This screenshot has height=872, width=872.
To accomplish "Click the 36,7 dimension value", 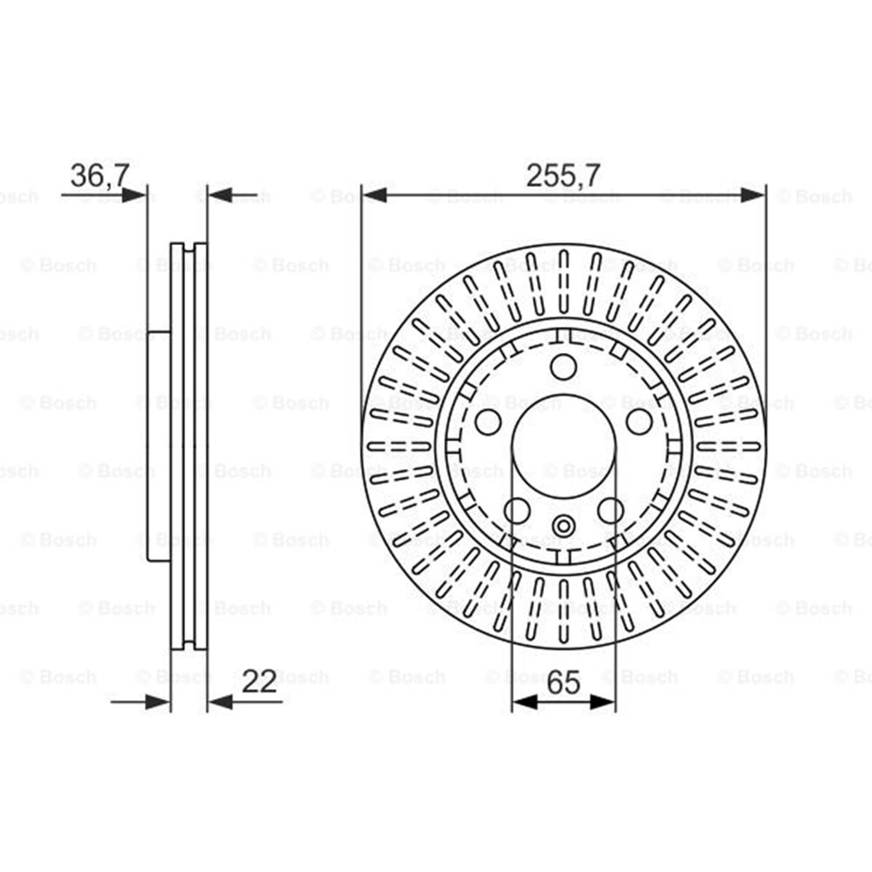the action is click(100, 175).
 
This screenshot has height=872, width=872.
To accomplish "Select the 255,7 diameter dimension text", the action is click(563, 176).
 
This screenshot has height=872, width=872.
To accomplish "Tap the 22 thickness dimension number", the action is click(259, 681).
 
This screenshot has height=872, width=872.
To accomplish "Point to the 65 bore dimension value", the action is click(563, 682).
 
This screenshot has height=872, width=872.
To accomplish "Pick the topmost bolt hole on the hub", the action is click(563, 366).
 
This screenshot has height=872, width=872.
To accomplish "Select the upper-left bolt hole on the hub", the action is click(487, 421).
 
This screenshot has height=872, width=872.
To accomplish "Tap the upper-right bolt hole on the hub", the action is click(639, 421).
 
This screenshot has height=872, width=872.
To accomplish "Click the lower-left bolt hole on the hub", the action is click(516, 510).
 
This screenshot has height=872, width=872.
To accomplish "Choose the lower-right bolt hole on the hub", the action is click(610, 510).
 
